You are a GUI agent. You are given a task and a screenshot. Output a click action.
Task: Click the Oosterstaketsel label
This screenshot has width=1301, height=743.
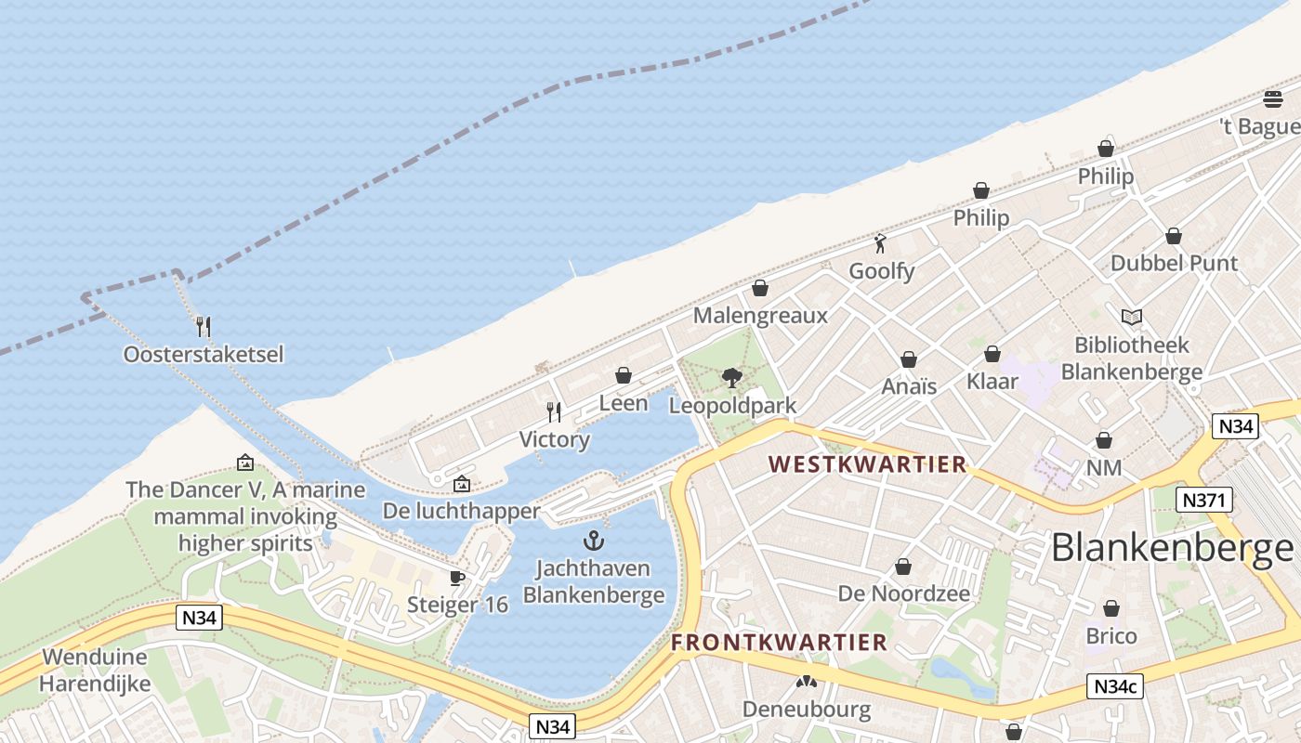(204, 354)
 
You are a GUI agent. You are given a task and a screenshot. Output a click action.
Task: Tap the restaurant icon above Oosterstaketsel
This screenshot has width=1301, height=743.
(204, 326)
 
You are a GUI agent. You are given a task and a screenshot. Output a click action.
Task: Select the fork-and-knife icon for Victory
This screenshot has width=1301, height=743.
(554, 411)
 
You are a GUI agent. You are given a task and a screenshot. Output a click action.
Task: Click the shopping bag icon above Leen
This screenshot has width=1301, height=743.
(624, 375)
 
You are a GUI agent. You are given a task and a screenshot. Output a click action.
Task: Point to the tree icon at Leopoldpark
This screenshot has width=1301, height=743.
(732, 377)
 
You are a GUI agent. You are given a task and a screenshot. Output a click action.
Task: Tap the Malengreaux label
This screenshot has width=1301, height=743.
(760, 316)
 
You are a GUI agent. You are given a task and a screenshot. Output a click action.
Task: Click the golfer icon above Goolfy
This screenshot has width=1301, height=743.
(881, 243)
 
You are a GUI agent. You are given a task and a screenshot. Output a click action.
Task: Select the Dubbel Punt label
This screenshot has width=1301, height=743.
(1174, 263)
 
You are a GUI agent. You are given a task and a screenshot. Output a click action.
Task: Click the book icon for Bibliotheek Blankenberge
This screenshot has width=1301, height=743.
(1131, 318)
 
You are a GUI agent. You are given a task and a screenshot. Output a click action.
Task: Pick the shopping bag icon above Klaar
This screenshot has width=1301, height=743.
(992, 354)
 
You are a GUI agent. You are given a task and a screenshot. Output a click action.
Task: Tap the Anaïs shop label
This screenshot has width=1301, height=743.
(909, 386)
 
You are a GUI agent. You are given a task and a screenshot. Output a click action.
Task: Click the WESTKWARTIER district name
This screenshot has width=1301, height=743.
(868, 464)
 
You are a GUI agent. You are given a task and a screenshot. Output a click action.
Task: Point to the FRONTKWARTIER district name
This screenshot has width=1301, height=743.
(780, 642)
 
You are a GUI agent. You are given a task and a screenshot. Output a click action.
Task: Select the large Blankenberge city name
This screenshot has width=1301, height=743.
(1172, 548)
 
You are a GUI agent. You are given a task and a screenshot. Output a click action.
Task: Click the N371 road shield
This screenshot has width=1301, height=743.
(1203, 501)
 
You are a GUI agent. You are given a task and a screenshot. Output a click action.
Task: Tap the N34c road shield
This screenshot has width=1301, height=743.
(1114, 687)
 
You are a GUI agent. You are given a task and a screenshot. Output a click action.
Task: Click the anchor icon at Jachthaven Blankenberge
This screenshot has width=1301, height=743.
(593, 541)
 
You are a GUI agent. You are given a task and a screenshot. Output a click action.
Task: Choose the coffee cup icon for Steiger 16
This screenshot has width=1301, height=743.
(457, 578)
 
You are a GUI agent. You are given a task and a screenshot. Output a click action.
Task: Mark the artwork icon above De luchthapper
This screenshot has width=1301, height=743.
(461, 484)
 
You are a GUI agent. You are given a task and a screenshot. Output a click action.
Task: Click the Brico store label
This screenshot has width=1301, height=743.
(1111, 636)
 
